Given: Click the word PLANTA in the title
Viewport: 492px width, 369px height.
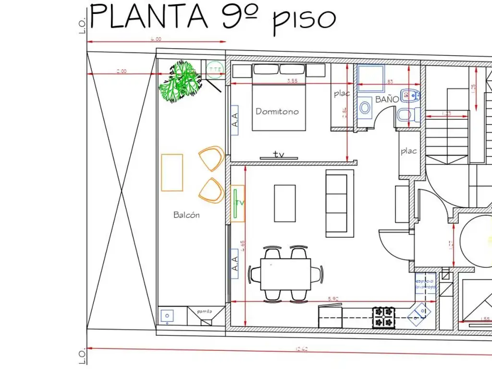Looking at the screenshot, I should [x=149, y=17].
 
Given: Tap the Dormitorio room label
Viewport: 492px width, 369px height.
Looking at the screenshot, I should [x=277, y=111].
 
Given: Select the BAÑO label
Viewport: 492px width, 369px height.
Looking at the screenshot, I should [x=387, y=99].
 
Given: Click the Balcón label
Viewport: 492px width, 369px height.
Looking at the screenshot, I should [x=186, y=215].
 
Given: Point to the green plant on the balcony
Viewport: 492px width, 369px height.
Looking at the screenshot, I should [x=180, y=80].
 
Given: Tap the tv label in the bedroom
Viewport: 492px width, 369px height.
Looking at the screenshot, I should [x=279, y=154].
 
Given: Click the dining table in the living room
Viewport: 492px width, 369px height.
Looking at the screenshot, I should [x=285, y=274].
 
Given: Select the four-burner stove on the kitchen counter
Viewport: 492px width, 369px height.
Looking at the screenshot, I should [x=384, y=317].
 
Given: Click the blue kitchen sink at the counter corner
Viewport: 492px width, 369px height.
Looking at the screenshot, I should [x=417, y=314].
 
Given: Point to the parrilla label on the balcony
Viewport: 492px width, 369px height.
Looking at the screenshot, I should [x=204, y=311].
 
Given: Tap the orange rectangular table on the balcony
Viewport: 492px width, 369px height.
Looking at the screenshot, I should [x=172, y=172].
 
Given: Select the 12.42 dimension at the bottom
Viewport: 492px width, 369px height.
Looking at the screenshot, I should [x=301, y=349].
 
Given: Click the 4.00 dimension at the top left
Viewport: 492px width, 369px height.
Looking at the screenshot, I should [x=156, y=39].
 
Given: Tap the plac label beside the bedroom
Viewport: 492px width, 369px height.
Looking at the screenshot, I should [x=342, y=94].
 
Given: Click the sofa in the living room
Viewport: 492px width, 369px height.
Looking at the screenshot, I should [x=336, y=203].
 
